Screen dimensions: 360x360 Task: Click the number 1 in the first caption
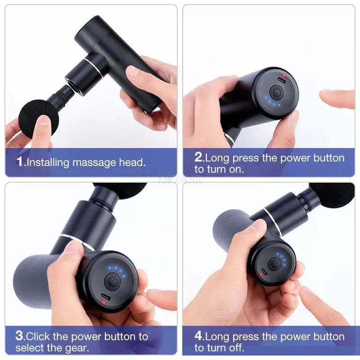pos(19,162)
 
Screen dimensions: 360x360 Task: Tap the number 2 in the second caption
pos(199,157)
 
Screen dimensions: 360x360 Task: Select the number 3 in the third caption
pos(19,336)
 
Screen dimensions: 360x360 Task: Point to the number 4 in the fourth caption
pos(199,336)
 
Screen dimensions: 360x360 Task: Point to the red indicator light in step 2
pos(283,76)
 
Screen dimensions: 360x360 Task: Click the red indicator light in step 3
pos(104,302)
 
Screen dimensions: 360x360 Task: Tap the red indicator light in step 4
pos(261,274)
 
